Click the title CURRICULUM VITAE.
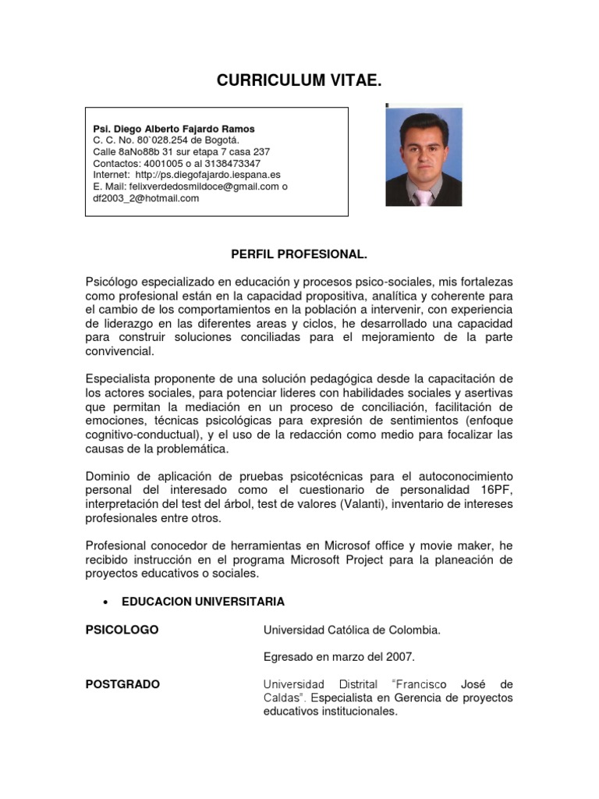pos(299,80)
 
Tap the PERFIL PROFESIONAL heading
pos(299,254)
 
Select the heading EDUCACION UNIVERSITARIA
pos(203,602)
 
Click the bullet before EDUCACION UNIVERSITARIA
pos(104,602)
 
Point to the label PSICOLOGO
pos(122,630)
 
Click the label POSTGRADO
pos(122,684)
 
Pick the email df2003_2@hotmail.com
pos(146,198)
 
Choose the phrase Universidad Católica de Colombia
pos(352,630)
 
